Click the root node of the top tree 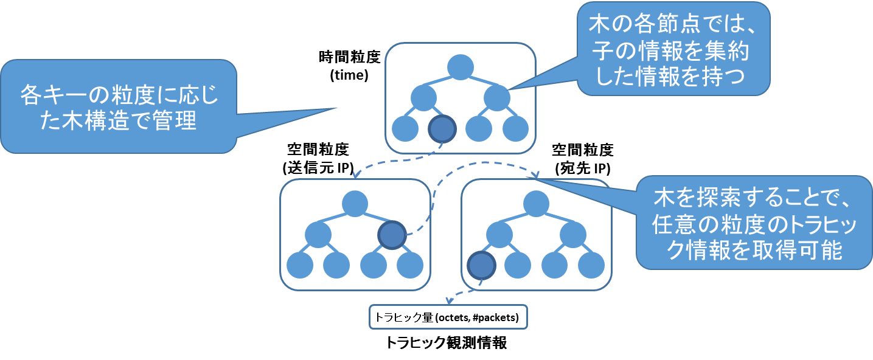pos(461,66)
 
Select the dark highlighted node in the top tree pos(442,128)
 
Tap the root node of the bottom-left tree pos(355,204)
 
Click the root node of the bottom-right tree pos(536,204)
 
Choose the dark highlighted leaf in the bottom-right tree pos(481,265)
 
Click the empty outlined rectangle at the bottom pos(448,317)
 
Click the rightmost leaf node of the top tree pos(516,128)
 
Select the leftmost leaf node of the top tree pos(405,128)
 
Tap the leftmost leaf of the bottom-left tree pos(300,265)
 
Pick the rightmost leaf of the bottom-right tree pos(591,265)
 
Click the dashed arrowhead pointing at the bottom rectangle pos(449,300)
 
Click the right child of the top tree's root pos(497,98)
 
